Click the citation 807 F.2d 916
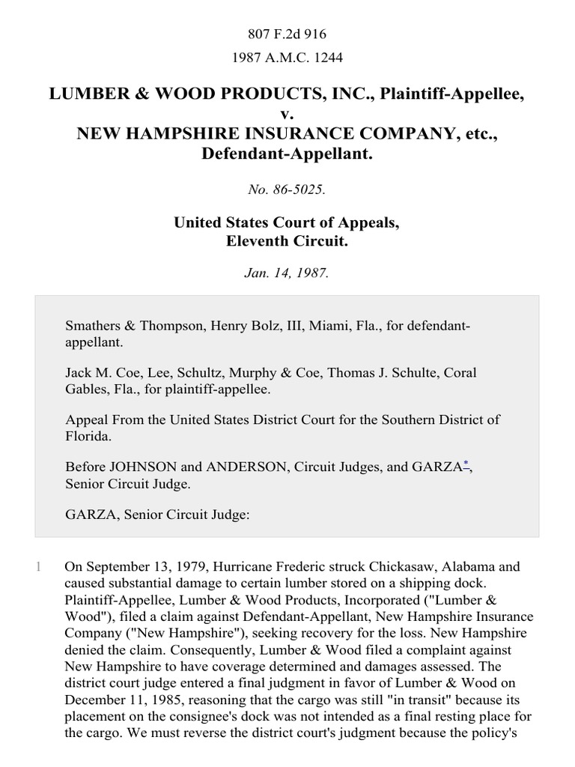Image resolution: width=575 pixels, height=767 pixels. (x=287, y=34)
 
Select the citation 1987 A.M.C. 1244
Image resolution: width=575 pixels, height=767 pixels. (x=287, y=57)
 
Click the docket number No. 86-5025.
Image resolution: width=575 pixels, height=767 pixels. (x=287, y=190)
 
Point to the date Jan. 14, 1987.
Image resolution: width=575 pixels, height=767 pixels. (x=287, y=273)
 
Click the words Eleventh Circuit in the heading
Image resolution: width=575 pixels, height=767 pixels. (x=287, y=243)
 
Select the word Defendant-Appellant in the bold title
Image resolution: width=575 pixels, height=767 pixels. (x=287, y=154)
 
